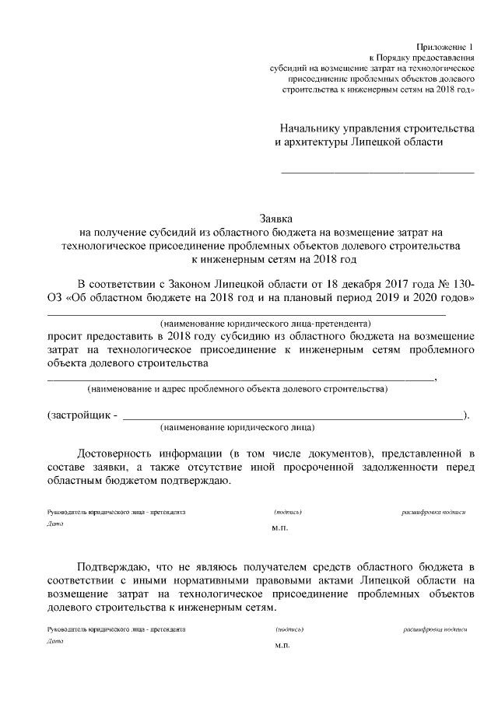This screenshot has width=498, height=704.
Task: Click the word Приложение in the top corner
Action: (446, 48)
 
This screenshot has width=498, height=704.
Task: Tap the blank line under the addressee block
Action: (377, 170)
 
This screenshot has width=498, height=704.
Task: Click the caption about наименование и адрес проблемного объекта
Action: (237, 388)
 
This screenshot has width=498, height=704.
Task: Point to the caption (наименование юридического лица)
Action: (237, 428)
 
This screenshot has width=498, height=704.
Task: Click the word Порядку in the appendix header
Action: (396, 58)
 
